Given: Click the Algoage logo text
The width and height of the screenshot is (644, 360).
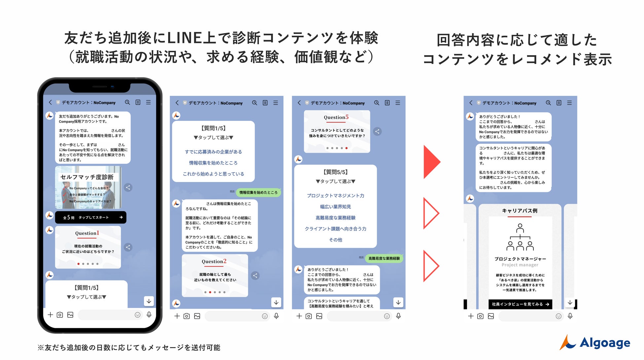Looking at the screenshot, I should (x=605, y=343).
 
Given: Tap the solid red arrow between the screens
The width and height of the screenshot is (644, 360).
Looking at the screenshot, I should (x=431, y=162).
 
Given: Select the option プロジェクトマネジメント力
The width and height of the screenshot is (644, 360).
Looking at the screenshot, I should (x=336, y=196).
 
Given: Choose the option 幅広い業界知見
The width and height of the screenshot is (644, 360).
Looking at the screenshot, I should (x=336, y=207).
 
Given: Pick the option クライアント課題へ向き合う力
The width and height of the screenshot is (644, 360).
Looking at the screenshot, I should (x=336, y=229).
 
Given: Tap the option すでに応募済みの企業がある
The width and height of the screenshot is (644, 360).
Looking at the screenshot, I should (x=213, y=152).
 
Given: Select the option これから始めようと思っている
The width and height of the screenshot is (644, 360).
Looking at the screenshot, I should (x=213, y=174).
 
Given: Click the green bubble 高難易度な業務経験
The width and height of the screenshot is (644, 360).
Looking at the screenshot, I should (x=384, y=258).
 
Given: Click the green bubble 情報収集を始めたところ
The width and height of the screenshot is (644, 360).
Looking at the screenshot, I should (x=258, y=192).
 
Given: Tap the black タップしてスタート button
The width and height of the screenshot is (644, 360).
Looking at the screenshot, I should (x=91, y=217).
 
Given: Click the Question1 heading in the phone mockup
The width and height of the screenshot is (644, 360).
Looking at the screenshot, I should (x=87, y=233).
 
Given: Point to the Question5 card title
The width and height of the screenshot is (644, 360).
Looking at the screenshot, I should (x=336, y=117).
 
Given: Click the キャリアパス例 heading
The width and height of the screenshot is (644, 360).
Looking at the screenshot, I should (x=519, y=211).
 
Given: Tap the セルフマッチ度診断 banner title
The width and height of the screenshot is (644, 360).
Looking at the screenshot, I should (x=87, y=177).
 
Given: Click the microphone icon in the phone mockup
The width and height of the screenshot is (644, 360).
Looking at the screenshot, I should (x=149, y=315).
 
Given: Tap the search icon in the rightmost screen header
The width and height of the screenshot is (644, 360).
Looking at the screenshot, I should (x=548, y=103).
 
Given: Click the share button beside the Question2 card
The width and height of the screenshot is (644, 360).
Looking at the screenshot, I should (x=255, y=275).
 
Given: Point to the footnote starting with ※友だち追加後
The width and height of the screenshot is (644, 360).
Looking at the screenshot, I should (x=129, y=347).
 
